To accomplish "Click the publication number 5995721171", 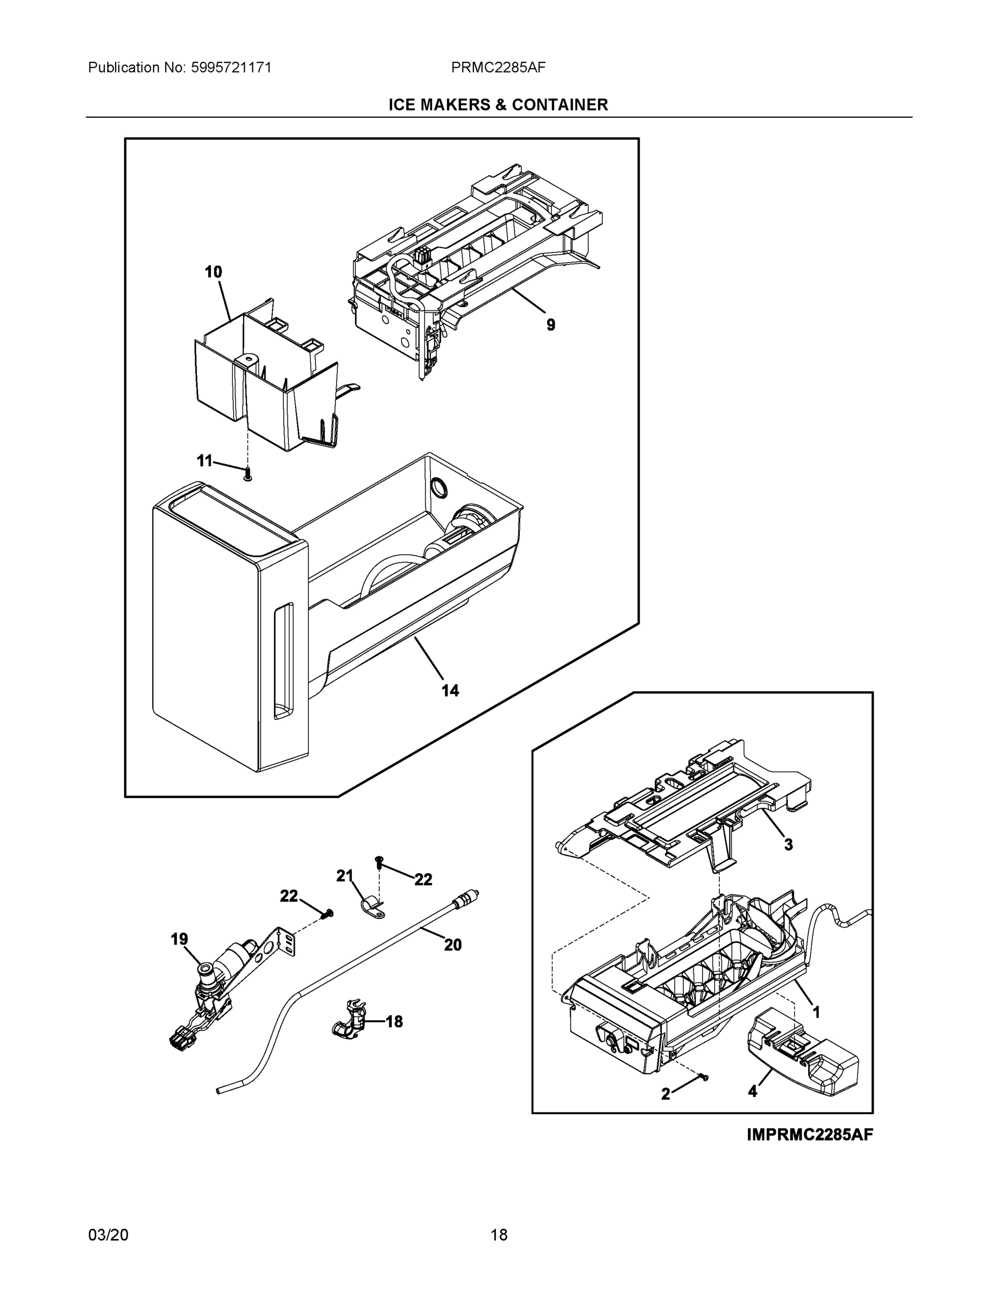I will coord(231,67).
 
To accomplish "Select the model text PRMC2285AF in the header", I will coord(498,67).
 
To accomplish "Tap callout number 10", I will coord(214,272).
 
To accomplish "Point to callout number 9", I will coord(550,324).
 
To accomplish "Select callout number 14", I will coord(450,691).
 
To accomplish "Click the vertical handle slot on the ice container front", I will coord(283,662).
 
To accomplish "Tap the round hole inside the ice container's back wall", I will coord(438,488).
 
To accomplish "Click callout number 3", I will coord(788,845).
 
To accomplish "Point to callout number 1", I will coord(816,1012).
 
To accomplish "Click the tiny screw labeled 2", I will coord(704,1078).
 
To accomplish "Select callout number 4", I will coord(752,1093).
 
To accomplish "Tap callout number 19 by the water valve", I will coord(179,939).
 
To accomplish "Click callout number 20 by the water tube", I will coord(453,945).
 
